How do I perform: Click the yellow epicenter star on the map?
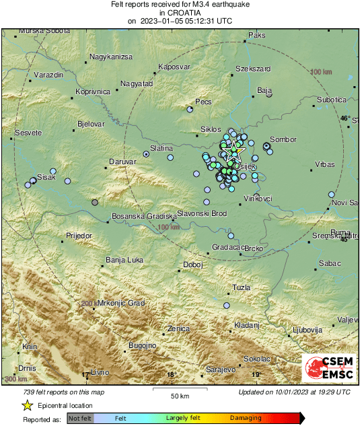click(235, 151)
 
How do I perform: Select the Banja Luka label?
click(124, 260)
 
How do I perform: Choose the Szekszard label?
click(253, 69)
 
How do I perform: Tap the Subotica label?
click(331, 100)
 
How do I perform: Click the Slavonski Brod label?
click(199, 214)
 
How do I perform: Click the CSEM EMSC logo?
click(330, 369)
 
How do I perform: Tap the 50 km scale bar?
click(178, 390)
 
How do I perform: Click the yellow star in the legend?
click(28, 406)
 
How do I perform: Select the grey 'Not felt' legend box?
click(80, 419)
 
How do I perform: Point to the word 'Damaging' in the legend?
click(246, 419)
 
